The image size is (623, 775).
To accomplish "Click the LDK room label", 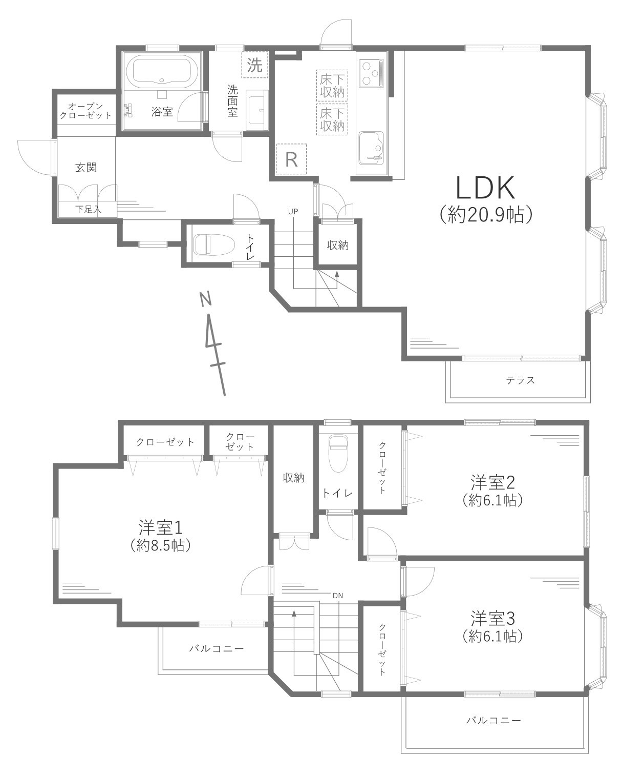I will [x=485, y=189].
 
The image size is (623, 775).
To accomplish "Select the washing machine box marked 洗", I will [x=254, y=65].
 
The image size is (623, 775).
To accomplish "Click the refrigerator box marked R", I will [x=291, y=159].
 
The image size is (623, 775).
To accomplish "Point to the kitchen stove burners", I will [x=370, y=72].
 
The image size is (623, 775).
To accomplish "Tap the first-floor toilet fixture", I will [x=206, y=244].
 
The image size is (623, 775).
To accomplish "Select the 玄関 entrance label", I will [x=86, y=167].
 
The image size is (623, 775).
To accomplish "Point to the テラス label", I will [x=520, y=380].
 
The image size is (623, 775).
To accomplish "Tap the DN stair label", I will [x=337, y=595].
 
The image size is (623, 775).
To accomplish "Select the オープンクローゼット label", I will [x=85, y=110].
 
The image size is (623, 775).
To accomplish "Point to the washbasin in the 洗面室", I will [x=257, y=109].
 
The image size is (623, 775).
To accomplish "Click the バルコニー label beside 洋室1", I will [x=216, y=648].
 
